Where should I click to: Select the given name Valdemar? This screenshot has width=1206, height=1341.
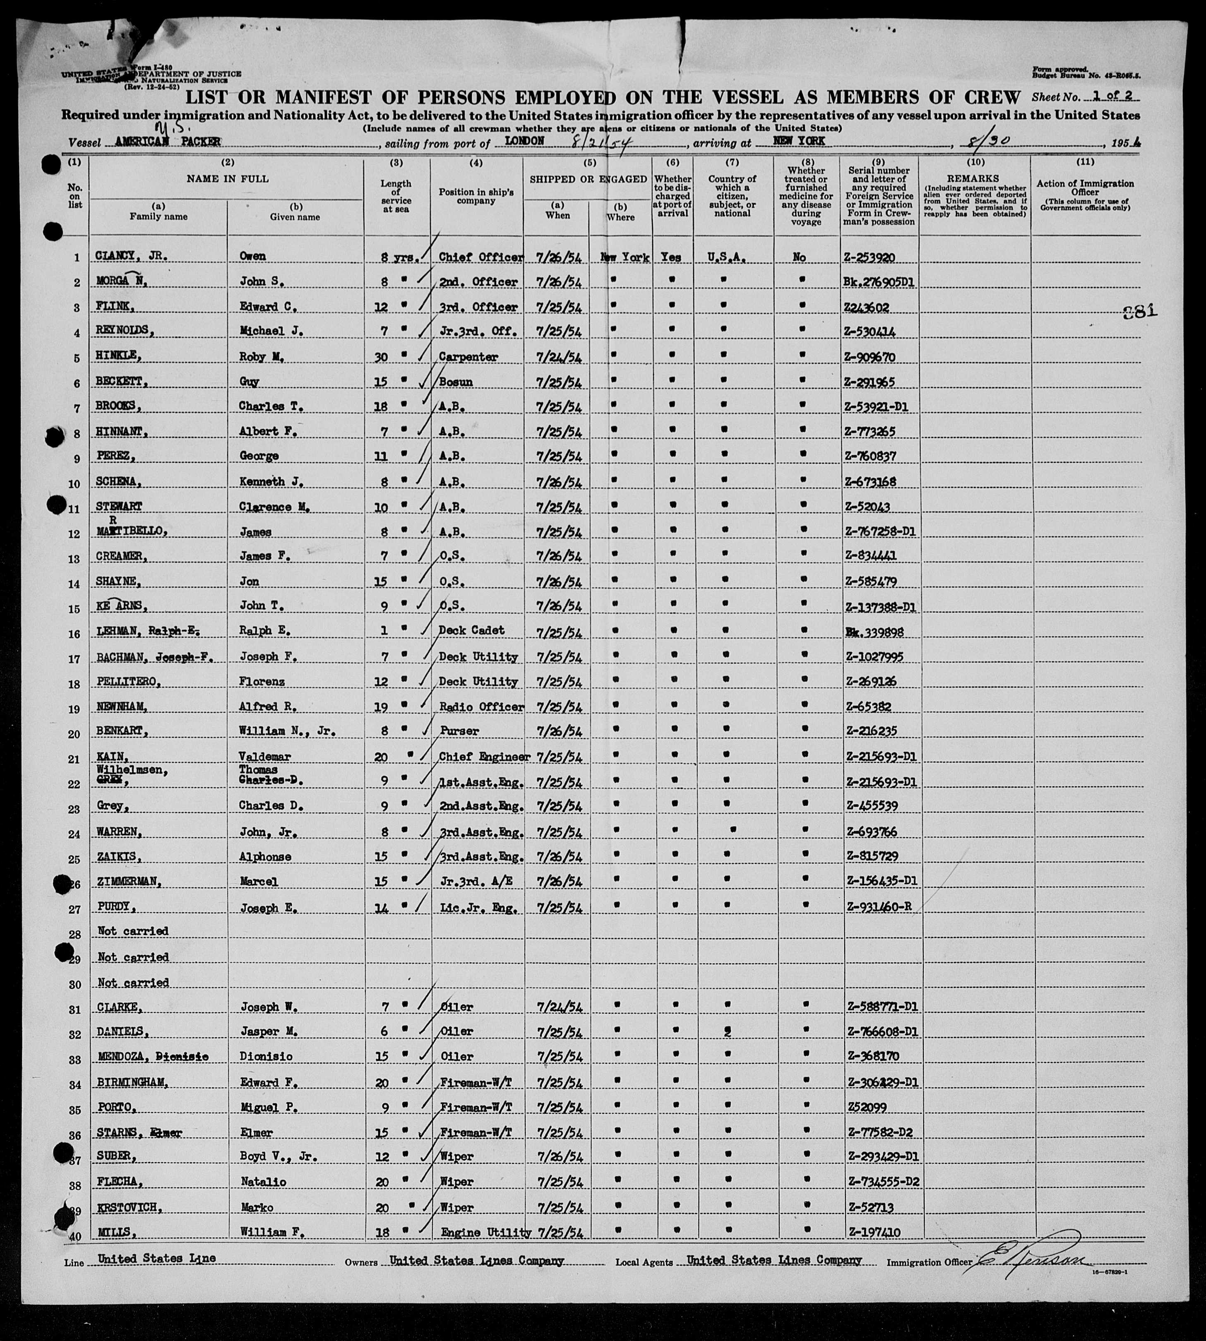(265, 756)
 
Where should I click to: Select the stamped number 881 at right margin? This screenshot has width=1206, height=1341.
(1140, 311)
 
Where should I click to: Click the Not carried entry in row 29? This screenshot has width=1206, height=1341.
(133, 957)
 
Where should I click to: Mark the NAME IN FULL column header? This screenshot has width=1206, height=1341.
(227, 179)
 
